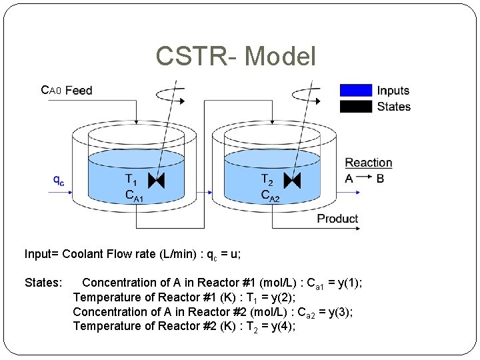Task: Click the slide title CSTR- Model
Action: [x=235, y=57]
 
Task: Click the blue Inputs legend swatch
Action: [x=355, y=90]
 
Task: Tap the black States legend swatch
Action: [x=355, y=106]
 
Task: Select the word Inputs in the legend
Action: [x=393, y=91]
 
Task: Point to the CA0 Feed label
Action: [x=67, y=90]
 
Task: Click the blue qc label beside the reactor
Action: [x=59, y=179]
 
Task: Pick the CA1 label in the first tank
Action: [x=135, y=195]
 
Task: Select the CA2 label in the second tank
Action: [x=270, y=195]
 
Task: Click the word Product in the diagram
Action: [x=337, y=219]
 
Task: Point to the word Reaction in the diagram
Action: [x=368, y=163]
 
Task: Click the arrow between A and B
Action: [x=365, y=179]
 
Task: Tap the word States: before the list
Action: [x=43, y=283]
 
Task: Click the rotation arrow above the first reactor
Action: [x=165, y=96]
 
